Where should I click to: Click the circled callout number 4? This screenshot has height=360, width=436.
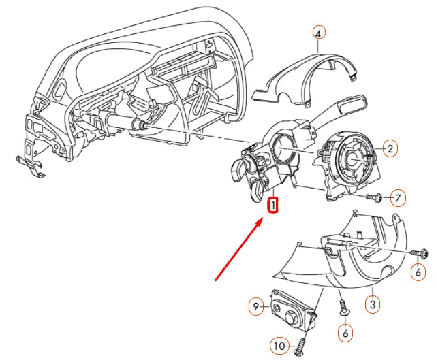click(320, 31)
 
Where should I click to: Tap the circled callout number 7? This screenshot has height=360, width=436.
click(397, 198)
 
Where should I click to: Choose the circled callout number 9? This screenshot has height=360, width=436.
click(256, 307)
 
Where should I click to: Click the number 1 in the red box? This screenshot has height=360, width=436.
click(273, 204)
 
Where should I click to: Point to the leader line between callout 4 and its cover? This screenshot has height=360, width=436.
click(320, 46)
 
